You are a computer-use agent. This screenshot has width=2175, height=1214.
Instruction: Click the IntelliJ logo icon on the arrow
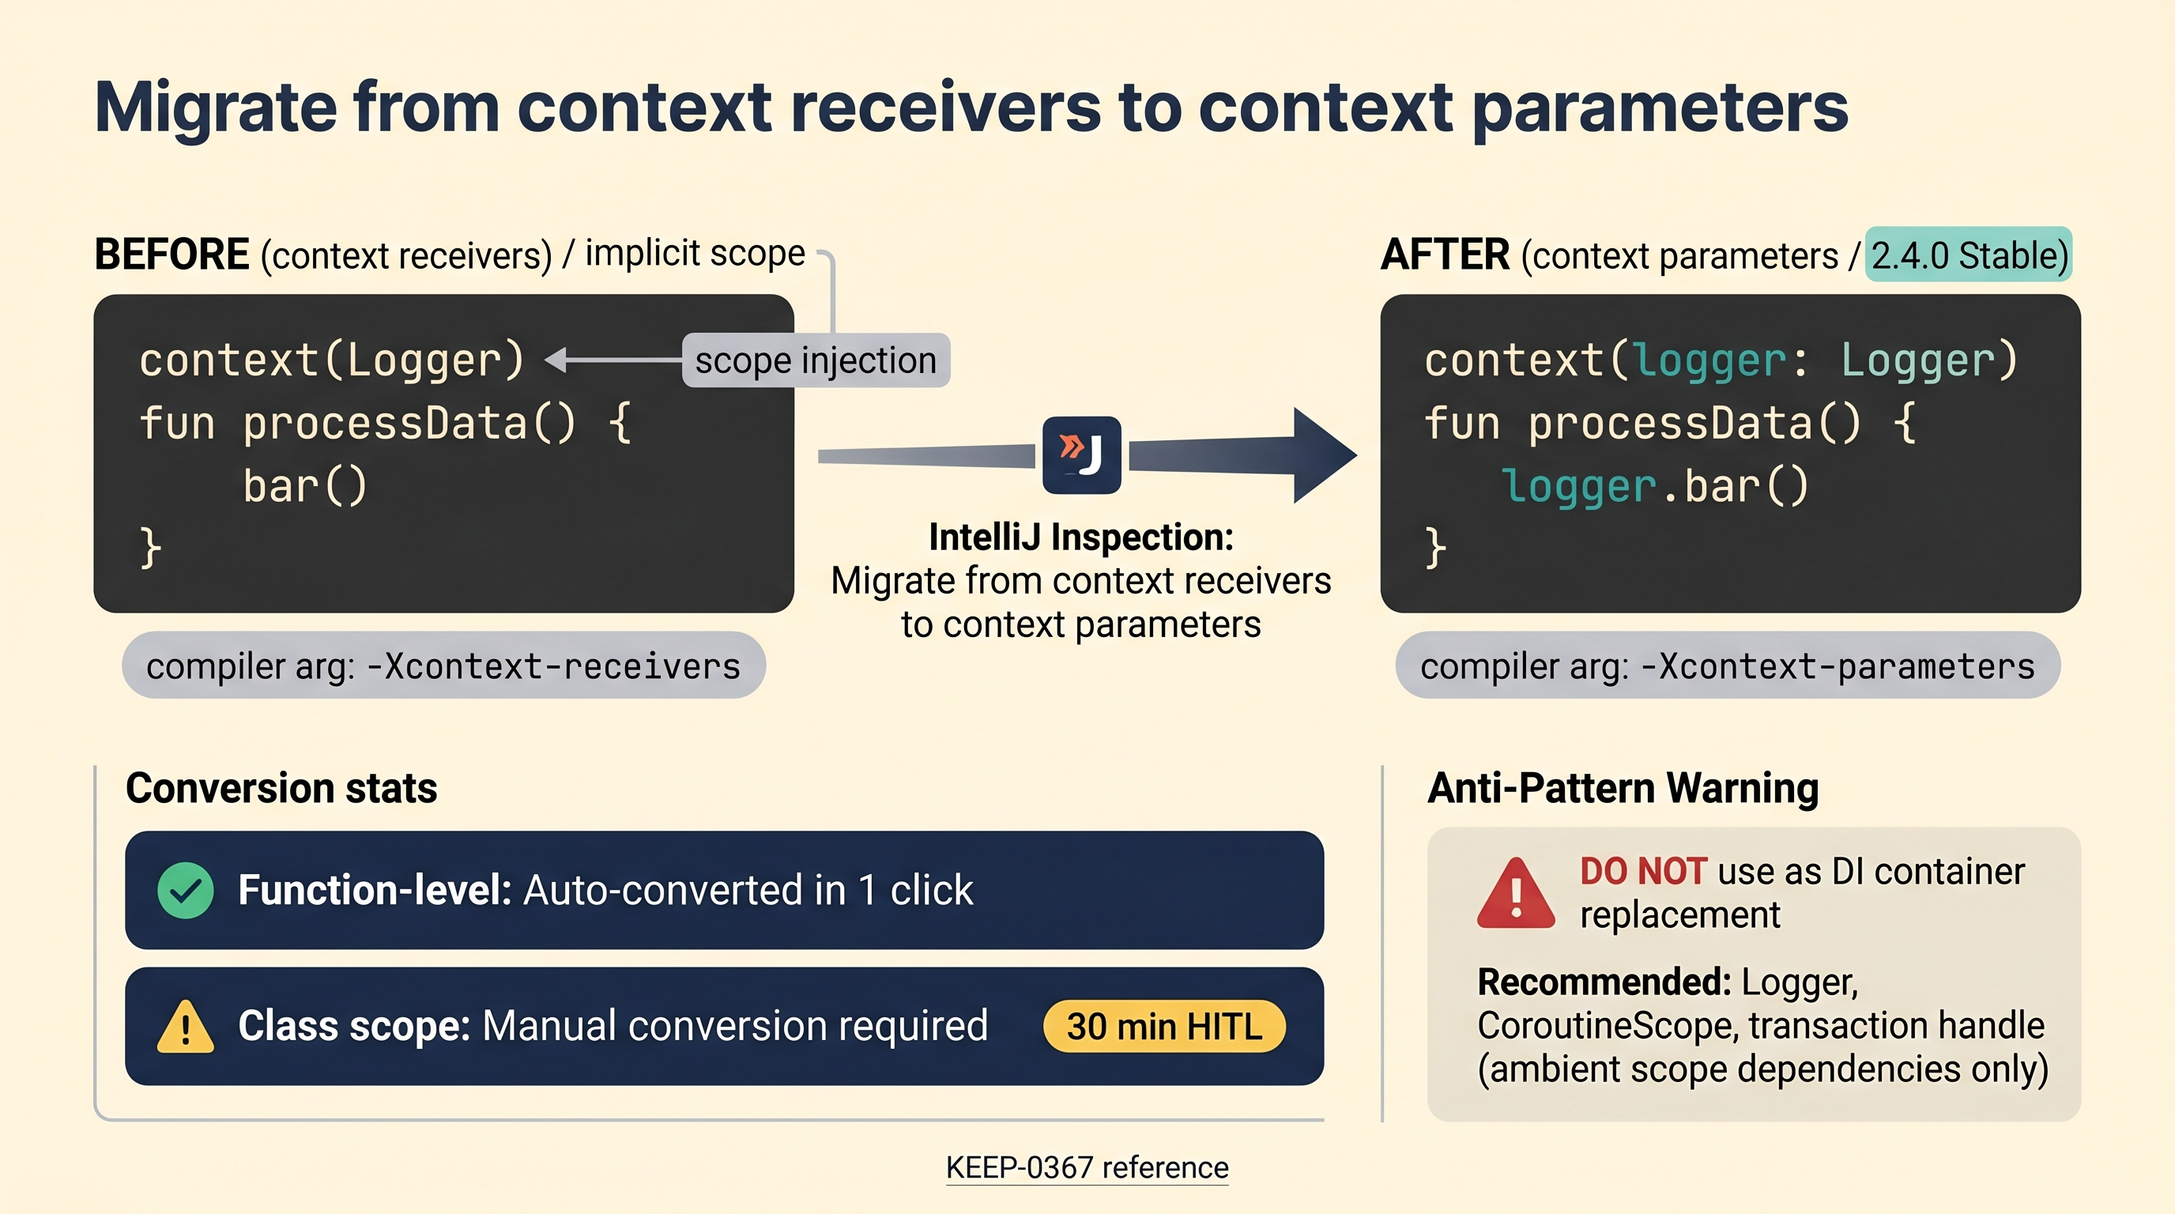(x=1082, y=455)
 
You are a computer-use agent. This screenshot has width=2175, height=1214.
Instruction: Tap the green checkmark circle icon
(x=186, y=891)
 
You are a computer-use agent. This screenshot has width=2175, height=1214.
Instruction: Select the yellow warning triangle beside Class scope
(x=186, y=1027)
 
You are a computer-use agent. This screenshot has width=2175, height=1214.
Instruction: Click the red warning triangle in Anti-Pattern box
(x=1516, y=893)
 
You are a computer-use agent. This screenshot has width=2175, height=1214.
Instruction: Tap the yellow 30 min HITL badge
(x=1164, y=1027)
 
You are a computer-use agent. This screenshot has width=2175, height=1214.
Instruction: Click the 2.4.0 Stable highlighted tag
(x=1968, y=254)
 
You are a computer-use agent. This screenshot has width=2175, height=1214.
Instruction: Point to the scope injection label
(x=816, y=360)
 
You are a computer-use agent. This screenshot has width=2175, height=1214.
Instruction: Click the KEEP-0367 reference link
(x=1087, y=1167)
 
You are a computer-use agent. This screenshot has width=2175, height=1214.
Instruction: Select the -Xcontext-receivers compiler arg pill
(x=443, y=665)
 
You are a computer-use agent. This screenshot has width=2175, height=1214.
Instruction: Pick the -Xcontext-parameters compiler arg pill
(x=1728, y=665)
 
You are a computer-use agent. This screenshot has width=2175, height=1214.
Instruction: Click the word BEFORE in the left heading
(x=172, y=254)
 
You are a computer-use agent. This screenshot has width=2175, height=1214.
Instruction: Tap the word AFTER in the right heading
(x=1445, y=254)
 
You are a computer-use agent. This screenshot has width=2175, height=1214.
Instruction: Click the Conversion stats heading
(x=281, y=788)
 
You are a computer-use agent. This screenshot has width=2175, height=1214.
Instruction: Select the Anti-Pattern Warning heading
(x=1623, y=788)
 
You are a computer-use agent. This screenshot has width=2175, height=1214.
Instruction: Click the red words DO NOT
(x=1643, y=871)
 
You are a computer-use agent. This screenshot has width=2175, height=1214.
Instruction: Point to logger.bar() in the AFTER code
(x=1655, y=486)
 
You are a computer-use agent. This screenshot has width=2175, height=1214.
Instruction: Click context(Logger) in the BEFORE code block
(x=332, y=360)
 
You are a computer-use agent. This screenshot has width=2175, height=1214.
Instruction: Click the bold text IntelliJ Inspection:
(x=1080, y=537)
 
